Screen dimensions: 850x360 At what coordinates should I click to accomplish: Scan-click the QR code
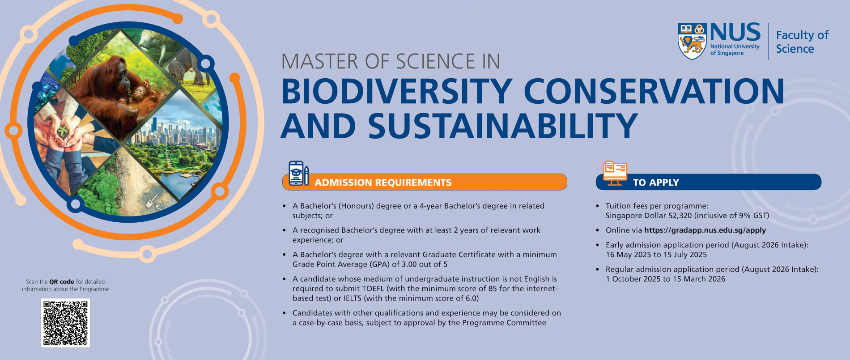click(65, 323)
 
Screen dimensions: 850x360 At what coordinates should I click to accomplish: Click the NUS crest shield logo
click(692, 41)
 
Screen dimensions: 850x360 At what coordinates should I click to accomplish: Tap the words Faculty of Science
click(802, 42)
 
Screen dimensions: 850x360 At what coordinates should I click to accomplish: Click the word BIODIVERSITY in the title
click(397, 92)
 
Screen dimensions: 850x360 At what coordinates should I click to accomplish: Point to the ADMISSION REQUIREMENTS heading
click(383, 182)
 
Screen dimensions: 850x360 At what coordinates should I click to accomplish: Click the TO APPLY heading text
click(656, 182)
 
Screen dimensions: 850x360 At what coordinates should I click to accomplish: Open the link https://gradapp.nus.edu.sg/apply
click(705, 230)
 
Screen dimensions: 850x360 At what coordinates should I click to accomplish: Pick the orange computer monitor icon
click(615, 174)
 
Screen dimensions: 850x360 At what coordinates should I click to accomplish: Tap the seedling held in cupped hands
click(63, 131)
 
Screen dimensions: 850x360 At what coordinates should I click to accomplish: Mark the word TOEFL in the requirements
click(373, 288)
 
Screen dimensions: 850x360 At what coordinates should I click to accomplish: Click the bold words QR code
click(62, 282)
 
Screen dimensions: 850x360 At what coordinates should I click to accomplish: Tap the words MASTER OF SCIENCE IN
click(391, 61)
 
